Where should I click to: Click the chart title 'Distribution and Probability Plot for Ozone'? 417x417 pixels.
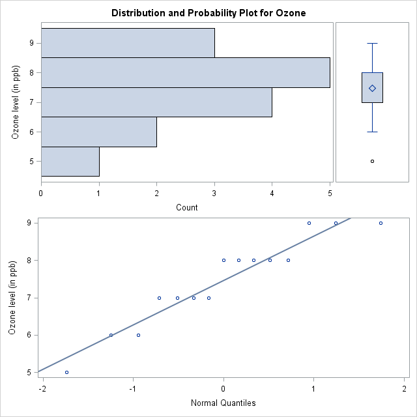point(208,13)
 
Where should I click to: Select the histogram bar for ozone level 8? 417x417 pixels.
point(185,72)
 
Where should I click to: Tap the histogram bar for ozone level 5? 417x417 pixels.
point(70,162)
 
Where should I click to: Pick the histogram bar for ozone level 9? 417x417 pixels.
point(128,43)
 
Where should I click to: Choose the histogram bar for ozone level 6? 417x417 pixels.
point(98,132)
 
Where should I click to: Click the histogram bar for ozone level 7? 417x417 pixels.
point(156,102)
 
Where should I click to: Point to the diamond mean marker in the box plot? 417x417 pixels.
point(372,88)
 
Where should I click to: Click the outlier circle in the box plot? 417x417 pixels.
point(372,161)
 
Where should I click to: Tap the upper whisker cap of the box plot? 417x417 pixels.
point(372,43)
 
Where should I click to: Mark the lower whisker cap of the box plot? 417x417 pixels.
point(372,132)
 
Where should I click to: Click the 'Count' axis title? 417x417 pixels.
point(187,208)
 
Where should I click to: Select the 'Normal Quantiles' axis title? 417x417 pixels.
point(223,403)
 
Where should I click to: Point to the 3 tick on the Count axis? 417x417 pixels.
point(214,192)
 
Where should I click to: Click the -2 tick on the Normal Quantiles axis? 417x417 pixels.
point(43,390)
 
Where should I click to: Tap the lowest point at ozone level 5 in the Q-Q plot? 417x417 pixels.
point(66,372)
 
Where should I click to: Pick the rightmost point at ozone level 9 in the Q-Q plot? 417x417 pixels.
point(381,223)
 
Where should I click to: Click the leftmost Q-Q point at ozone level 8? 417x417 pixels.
point(223,260)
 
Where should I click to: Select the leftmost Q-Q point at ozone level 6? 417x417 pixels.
point(111,335)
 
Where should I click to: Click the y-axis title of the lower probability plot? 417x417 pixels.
point(13,298)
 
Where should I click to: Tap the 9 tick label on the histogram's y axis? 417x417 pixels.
point(31,43)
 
